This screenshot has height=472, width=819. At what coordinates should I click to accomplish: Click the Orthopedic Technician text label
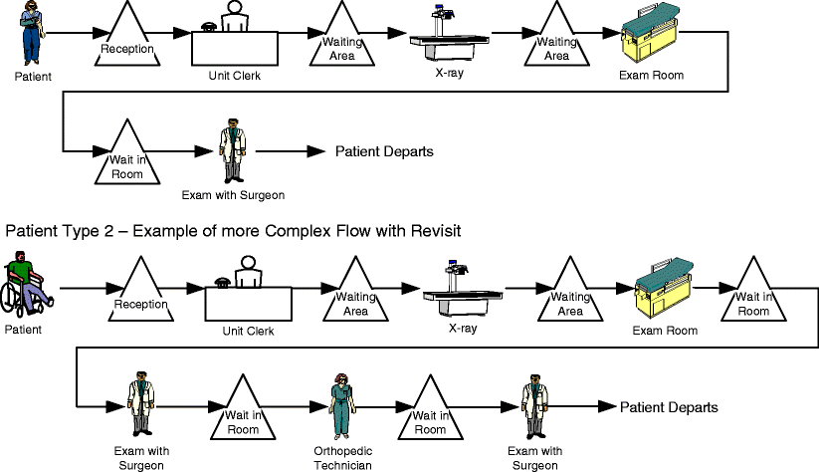343,459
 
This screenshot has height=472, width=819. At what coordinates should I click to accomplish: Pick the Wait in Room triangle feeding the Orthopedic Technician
242,413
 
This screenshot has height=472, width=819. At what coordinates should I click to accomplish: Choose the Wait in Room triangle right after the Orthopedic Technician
430,413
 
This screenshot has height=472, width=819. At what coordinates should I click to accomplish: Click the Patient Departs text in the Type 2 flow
669,407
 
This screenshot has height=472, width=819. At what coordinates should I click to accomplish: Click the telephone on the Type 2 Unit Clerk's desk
221,281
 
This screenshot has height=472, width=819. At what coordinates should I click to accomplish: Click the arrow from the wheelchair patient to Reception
84,290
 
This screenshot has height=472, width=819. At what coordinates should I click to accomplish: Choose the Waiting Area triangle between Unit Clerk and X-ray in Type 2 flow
355,296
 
